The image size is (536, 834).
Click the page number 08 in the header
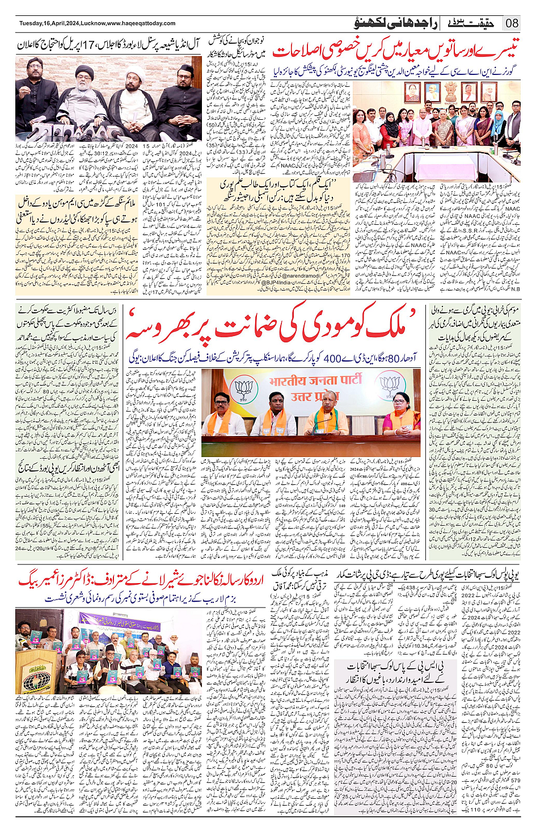512,23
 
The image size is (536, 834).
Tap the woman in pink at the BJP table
400,414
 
